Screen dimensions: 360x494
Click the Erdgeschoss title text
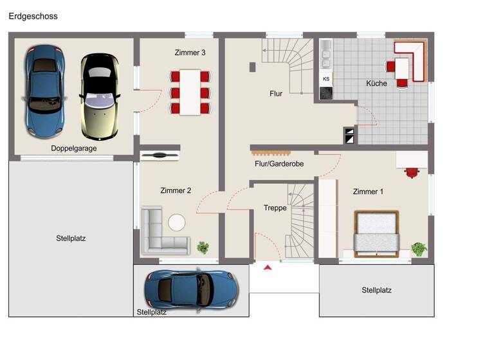click(x=33, y=16)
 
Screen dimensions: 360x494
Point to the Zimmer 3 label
click(x=190, y=53)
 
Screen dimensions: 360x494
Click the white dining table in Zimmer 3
click(x=190, y=92)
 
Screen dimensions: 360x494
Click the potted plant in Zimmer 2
click(x=204, y=247)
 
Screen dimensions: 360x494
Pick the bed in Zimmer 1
click(x=377, y=233)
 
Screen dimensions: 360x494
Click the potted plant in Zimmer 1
click(x=419, y=248)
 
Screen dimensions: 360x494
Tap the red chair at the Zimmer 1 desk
click(x=412, y=172)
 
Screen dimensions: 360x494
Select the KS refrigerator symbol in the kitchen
click(x=326, y=79)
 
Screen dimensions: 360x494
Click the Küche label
click(x=376, y=84)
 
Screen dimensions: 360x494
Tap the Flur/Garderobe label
click(x=279, y=164)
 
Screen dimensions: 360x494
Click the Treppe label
click(x=275, y=208)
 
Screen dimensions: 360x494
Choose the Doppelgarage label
click(x=74, y=148)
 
